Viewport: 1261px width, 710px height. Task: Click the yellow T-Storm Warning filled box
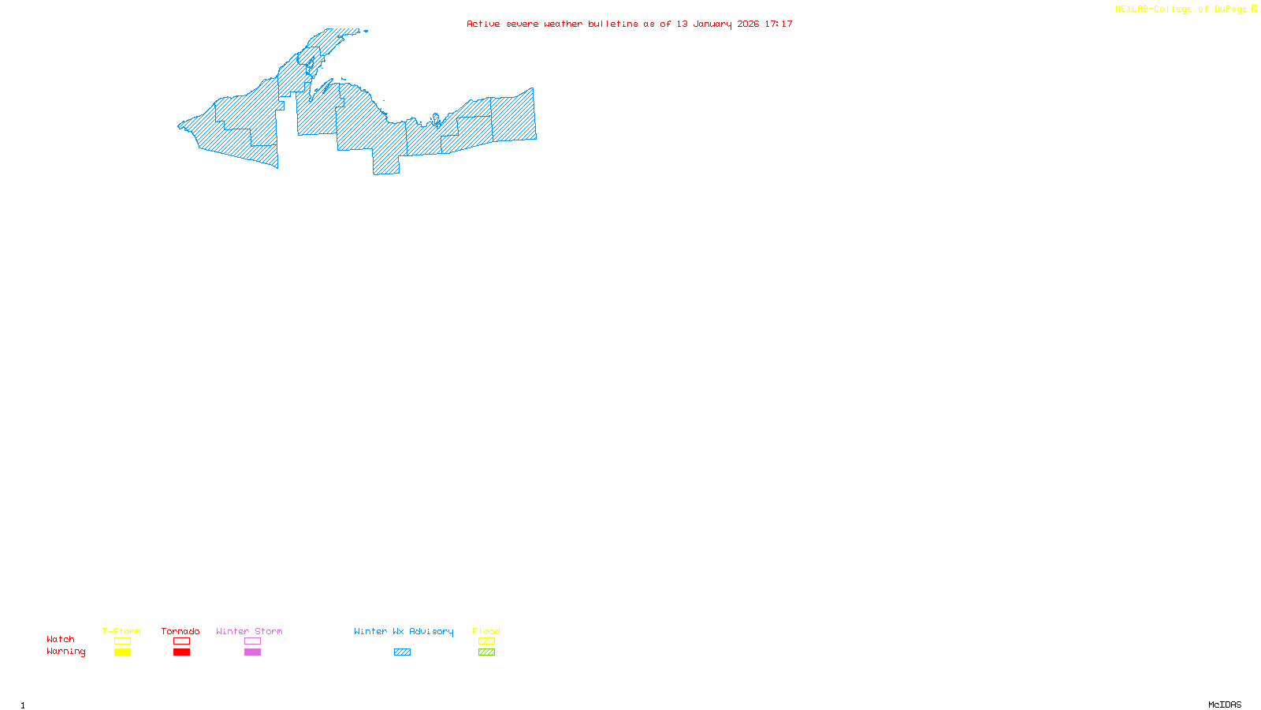[x=122, y=652]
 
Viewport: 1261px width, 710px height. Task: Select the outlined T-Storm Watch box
[x=122, y=641]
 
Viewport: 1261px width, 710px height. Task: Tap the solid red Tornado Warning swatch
[x=181, y=652]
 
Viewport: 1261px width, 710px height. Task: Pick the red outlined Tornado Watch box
[x=181, y=641]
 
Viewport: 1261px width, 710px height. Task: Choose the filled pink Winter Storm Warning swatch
[x=252, y=652]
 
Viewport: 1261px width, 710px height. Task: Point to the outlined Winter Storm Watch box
[x=252, y=641]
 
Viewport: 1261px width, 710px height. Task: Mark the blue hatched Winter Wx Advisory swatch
[x=402, y=652]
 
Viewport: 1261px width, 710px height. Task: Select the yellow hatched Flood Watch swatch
[x=486, y=641]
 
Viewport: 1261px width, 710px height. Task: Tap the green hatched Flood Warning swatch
[x=486, y=652]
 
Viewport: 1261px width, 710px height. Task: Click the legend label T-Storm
[x=121, y=631]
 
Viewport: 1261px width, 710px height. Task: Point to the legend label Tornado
[x=180, y=631]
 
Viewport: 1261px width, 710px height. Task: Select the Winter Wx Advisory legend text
[x=404, y=631]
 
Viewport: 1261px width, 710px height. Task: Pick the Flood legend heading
[x=486, y=631]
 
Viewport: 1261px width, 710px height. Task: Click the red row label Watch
[x=61, y=640]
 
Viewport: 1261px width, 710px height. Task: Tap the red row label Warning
[x=66, y=652]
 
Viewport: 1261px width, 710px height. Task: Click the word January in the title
[x=712, y=24]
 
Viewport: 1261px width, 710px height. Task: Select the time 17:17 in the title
[x=779, y=24]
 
